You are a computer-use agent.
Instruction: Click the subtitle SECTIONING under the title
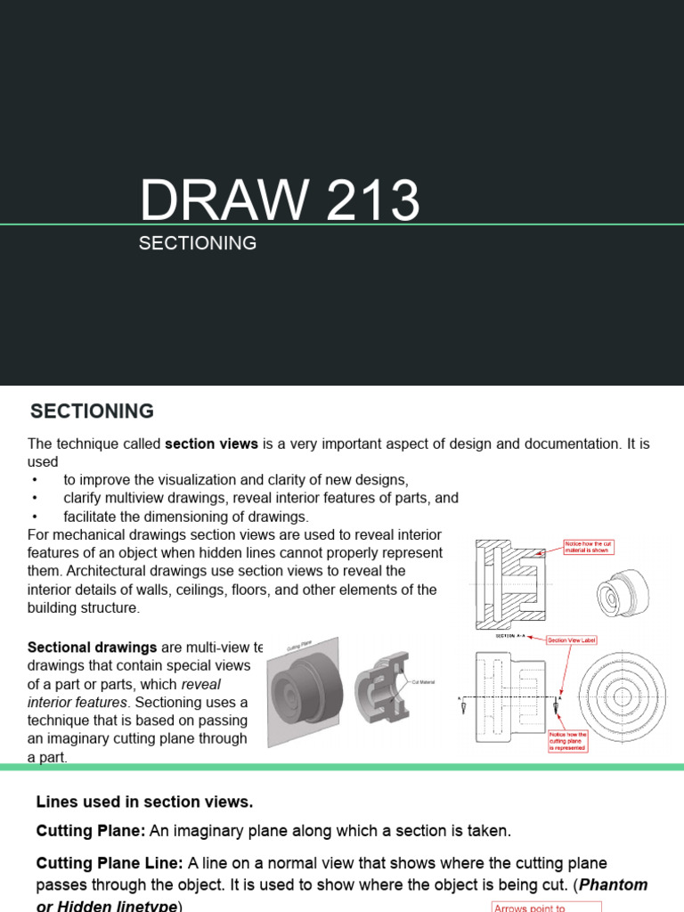[198, 243]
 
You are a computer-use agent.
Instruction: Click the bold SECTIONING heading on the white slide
[92, 411]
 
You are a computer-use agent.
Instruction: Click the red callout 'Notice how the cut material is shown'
[588, 547]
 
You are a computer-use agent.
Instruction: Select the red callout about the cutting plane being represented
[566, 741]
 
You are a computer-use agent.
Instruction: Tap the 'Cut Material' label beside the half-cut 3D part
[422, 681]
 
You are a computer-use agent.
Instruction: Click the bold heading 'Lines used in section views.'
[144, 802]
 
